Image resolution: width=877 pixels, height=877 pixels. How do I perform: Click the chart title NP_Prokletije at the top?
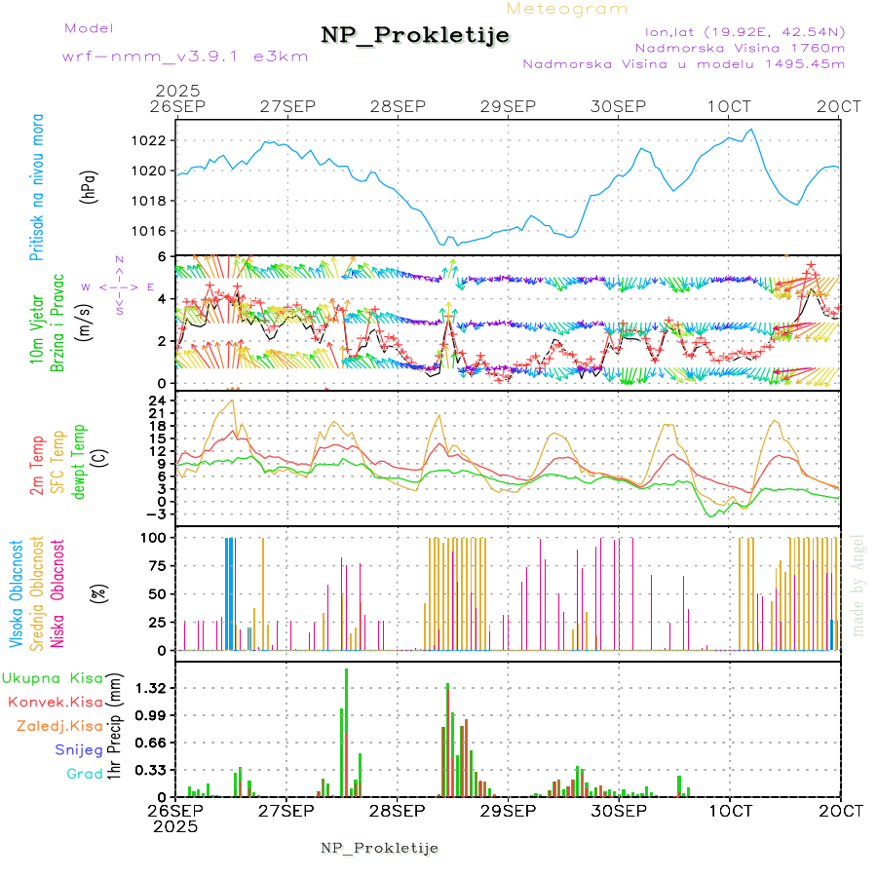tap(415, 35)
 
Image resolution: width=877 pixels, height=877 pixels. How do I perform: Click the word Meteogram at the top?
tap(567, 9)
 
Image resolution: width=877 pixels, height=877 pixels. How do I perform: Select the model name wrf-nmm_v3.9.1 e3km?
tap(185, 56)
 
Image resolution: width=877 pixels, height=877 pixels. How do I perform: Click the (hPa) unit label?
tap(89, 185)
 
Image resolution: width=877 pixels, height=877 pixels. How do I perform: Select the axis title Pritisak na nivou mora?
tap(38, 186)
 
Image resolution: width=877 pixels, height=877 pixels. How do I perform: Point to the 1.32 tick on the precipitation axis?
tap(151, 688)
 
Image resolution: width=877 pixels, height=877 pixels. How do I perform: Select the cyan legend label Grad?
tap(85, 774)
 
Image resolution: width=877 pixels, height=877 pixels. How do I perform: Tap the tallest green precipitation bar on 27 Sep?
tap(346, 731)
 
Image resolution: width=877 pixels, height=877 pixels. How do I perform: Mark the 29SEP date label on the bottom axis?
tap(508, 811)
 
